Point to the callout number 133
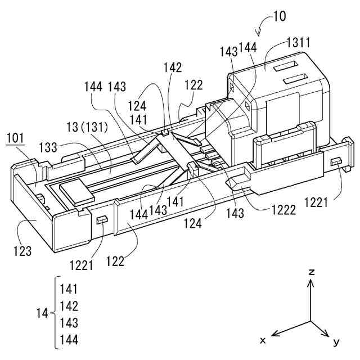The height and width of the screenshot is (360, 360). tap(48, 148)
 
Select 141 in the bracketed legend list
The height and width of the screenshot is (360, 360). tap(68, 289)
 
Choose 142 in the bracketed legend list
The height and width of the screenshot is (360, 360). tap(68, 306)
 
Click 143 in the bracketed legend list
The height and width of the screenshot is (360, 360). tap(68, 323)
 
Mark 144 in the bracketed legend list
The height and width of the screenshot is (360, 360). tap(68, 340)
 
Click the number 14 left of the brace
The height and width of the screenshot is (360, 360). tap(43, 314)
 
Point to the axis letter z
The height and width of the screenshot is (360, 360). tap(310, 272)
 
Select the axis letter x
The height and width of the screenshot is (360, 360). tap(263, 340)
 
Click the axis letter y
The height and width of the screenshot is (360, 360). tap(336, 341)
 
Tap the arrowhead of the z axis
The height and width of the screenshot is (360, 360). tap(310, 283)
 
